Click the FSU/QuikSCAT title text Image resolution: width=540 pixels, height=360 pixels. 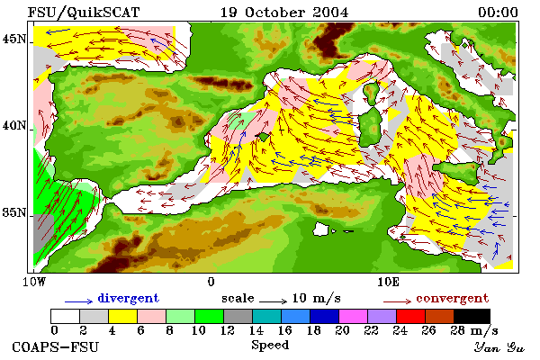84,13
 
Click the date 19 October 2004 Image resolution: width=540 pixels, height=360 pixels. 284,13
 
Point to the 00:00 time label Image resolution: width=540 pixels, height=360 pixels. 498,13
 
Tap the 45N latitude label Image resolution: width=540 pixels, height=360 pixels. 14,39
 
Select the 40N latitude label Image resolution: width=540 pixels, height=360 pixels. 14,125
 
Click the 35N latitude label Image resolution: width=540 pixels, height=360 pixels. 14,212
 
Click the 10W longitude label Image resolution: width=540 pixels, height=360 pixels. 34,282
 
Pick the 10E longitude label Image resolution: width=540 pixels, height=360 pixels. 389,282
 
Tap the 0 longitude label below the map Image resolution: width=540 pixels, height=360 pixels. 211,282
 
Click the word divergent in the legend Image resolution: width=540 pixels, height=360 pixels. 128,298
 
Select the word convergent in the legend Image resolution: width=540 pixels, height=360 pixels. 452,298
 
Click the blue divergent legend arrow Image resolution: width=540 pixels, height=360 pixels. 78,301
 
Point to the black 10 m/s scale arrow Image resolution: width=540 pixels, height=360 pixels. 273,301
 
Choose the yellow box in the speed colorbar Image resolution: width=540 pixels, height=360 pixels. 122,316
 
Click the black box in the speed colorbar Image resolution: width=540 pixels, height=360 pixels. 472,316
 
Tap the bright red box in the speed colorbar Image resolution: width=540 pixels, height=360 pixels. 410,316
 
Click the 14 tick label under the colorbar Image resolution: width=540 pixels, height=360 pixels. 256,330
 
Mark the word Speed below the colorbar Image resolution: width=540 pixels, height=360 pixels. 270,346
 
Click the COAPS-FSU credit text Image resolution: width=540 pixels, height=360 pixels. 55,346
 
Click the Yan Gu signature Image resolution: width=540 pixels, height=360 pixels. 499,346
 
